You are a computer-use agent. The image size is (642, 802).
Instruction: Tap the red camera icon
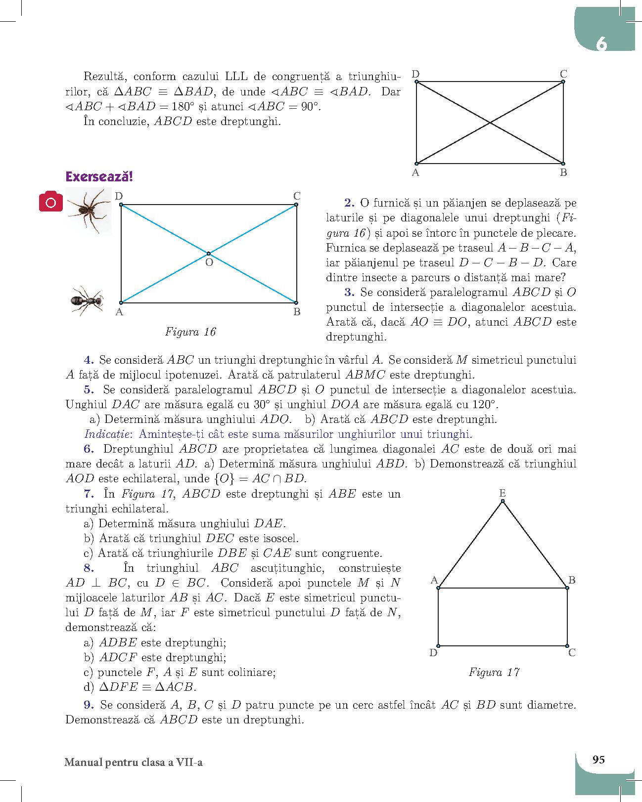click(51, 202)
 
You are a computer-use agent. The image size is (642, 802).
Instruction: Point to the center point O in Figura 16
click(208, 253)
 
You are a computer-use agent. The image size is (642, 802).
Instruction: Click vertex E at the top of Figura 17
click(503, 501)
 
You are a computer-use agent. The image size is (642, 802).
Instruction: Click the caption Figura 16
click(190, 332)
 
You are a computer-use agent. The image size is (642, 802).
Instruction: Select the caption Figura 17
click(494, 673)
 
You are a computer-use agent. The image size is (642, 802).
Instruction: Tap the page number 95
click(598, 760)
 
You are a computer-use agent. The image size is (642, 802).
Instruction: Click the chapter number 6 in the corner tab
click(601, 44)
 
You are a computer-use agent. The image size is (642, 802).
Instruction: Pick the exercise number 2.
click(350, 203)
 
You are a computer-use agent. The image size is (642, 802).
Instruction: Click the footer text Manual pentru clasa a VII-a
click(134, 762)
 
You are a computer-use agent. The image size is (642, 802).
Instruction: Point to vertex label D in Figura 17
click(433, 653)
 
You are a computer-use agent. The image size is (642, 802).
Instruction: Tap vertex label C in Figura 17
click(572, 653)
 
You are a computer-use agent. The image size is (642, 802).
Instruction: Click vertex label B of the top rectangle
click(563, 172)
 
